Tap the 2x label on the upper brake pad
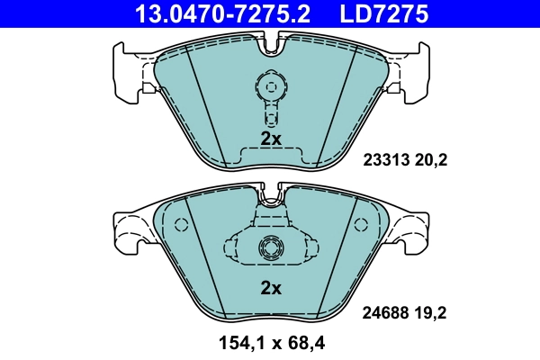tap(271, 139)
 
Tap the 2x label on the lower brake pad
tap(271, 288)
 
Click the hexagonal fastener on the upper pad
tap(268, 87)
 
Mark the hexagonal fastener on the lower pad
tap(269, 248)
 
